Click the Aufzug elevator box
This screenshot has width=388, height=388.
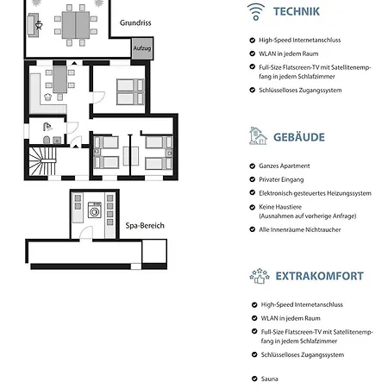tap(142, 48)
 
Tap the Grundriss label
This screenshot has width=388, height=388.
tap(135, 22)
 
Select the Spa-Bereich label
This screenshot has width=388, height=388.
tap(145, 226)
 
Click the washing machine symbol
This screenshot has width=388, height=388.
tap(95, 210)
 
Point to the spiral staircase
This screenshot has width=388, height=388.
tap(42, 161)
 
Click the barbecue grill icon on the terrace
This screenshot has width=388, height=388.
tap(39, 25)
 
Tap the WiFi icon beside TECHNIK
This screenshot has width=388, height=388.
tap(256, 12)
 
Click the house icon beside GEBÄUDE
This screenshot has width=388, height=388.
tap(258, 135)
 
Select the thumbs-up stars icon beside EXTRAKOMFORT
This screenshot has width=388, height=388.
tap(260, 276)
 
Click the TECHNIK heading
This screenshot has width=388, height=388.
tap(297, 11)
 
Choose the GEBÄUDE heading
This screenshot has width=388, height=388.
tap(299, 137)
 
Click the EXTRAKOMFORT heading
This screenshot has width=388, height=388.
tap(320, 276)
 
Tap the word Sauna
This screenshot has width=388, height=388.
tap(269, 379)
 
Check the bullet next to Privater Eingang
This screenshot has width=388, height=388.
tap(253, 179)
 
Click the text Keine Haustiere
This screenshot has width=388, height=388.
tap(280, 207)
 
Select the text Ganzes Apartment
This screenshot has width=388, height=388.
tap(285, 166)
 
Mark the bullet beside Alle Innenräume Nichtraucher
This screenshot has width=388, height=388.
tap(253, 229)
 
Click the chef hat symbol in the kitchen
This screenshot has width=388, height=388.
tap(47, 97)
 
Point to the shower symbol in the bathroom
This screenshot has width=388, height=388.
tap(47, 127)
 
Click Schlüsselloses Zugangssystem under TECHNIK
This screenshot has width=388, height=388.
tap(300, 91)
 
